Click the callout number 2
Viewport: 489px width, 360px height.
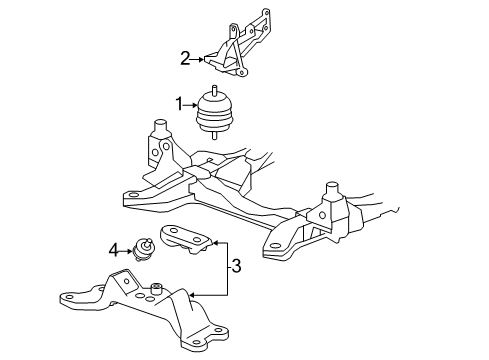point(185,58)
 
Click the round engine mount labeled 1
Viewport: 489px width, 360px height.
point(214,113)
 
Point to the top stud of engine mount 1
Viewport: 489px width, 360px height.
point(214,92)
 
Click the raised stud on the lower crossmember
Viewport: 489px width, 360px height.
point(157,290)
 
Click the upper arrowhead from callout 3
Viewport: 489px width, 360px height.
point(214,242)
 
